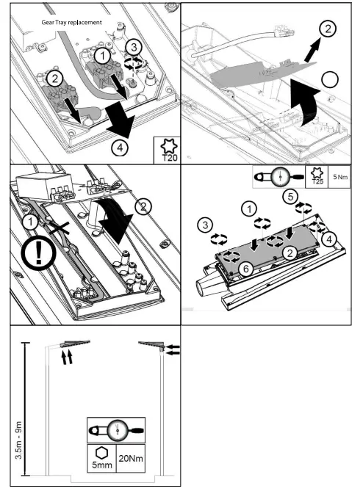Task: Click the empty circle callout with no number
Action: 329,78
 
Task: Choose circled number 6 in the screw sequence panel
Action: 246,269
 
